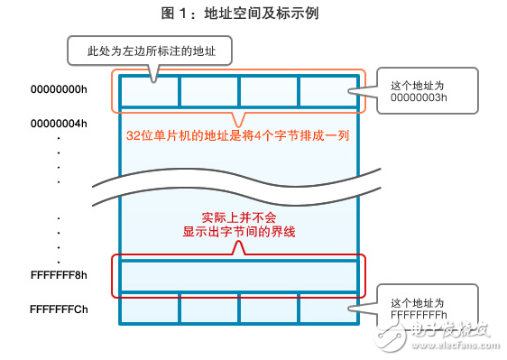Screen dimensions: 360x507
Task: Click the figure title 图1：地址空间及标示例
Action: [x=253, y=14]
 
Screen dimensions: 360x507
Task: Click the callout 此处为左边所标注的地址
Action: [x=150, y=50]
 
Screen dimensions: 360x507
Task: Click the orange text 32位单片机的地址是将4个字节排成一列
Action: [x=238, y=136]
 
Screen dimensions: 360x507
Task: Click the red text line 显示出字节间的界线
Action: [x=238, y=233]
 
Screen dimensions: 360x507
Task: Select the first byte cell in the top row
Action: [x=149, y=91]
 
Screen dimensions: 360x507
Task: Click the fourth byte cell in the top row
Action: [x=328, y=91]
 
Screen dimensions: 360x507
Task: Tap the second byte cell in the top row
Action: [x=208, y=91]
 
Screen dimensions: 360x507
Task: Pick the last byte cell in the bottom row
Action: [x=328, y=308]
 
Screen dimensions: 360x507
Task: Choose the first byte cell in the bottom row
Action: [x=149, y=308]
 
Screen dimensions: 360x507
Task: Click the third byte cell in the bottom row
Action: [x=269, y=308]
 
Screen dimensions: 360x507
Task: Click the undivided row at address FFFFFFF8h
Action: [x=238, y=274]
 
